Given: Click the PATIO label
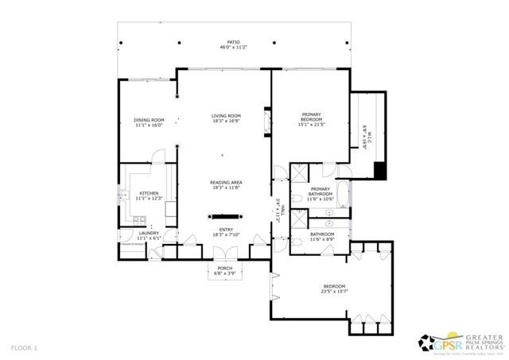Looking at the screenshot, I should click(233, 43).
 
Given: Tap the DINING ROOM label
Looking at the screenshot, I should click(148, 120).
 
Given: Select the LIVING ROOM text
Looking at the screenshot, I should click(226, 116).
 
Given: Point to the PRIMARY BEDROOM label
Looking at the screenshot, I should click(311, 117).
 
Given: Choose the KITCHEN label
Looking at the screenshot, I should click(149, 193).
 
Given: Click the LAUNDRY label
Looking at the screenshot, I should click(149, 233).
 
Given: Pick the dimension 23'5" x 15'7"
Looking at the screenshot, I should click(334, 291).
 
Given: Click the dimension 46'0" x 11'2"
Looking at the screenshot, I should click(233, 48).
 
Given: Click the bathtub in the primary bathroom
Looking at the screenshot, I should click(342, 194).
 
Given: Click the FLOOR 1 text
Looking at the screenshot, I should click(24, 348).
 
